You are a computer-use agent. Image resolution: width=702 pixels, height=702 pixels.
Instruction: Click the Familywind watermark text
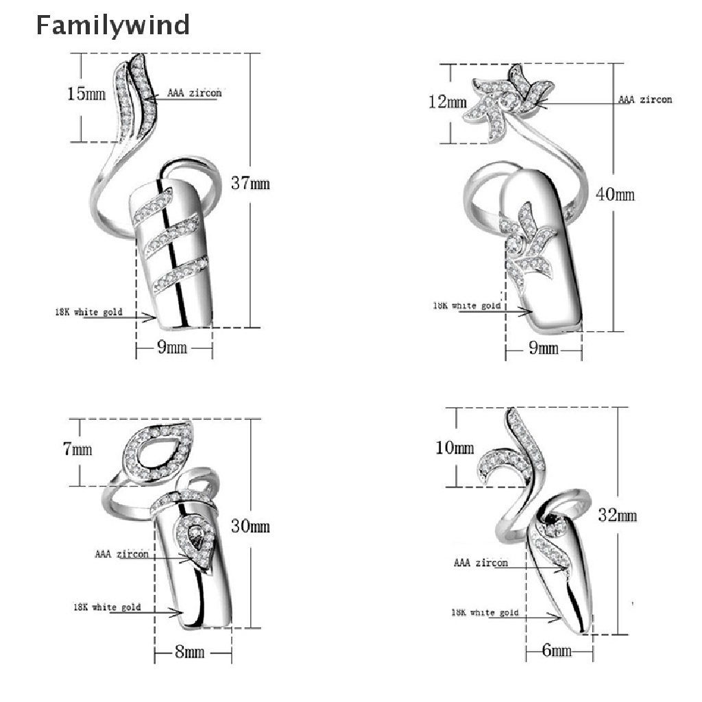coord(112,25)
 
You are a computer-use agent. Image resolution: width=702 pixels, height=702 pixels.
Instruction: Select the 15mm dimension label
coord(86,93)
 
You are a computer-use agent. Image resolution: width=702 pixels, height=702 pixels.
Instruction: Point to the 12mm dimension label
coord(448,103)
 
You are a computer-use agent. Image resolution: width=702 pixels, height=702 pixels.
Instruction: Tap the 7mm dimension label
coord(77,450)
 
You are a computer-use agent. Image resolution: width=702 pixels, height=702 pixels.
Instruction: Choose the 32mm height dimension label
coord(618,516)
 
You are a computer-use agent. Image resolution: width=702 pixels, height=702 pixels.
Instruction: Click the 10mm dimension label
coord(455,448)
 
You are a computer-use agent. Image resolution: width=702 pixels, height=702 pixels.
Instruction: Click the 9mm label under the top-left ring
coord(172,348)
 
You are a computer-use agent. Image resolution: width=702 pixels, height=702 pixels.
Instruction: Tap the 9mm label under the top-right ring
coord(544,349)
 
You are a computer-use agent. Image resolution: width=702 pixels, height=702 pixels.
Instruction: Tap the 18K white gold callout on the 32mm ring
coord(485,612)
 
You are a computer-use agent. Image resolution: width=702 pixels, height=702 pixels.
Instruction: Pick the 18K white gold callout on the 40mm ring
coord(466,306)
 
